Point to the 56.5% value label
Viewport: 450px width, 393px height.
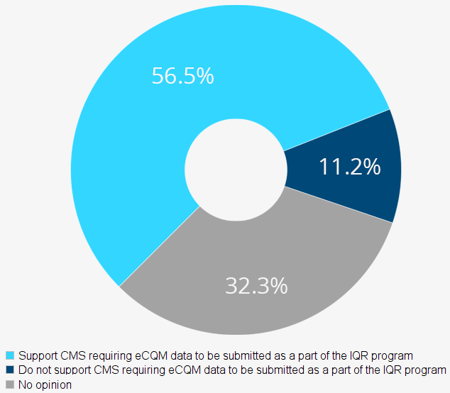tap(182, 76)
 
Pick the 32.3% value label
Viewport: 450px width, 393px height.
tap(256, 286)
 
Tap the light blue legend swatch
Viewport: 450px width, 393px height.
tap(9, 355)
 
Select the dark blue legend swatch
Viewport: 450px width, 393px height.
tap(9, 370)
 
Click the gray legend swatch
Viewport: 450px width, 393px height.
tap(9, 384)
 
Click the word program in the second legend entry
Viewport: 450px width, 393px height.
tap(427, 370)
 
